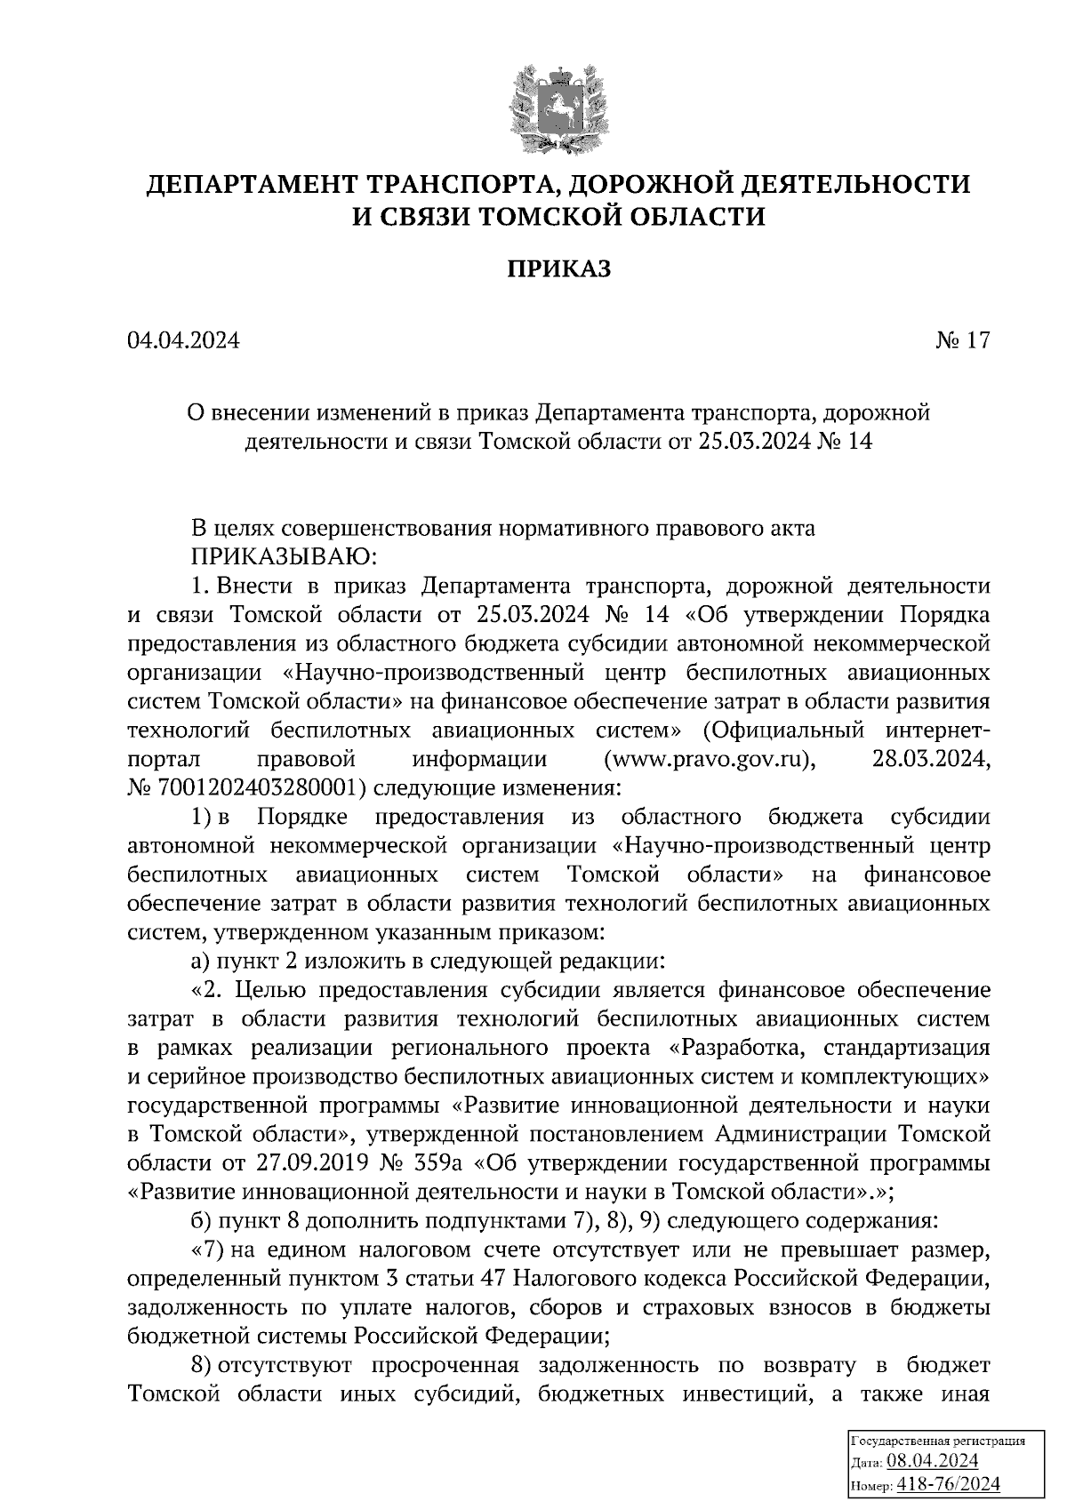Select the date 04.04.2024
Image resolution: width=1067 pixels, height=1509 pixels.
point(183,340)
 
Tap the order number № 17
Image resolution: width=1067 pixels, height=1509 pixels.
point(961,340)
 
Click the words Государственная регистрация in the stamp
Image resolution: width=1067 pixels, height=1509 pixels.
point(938,1441)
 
